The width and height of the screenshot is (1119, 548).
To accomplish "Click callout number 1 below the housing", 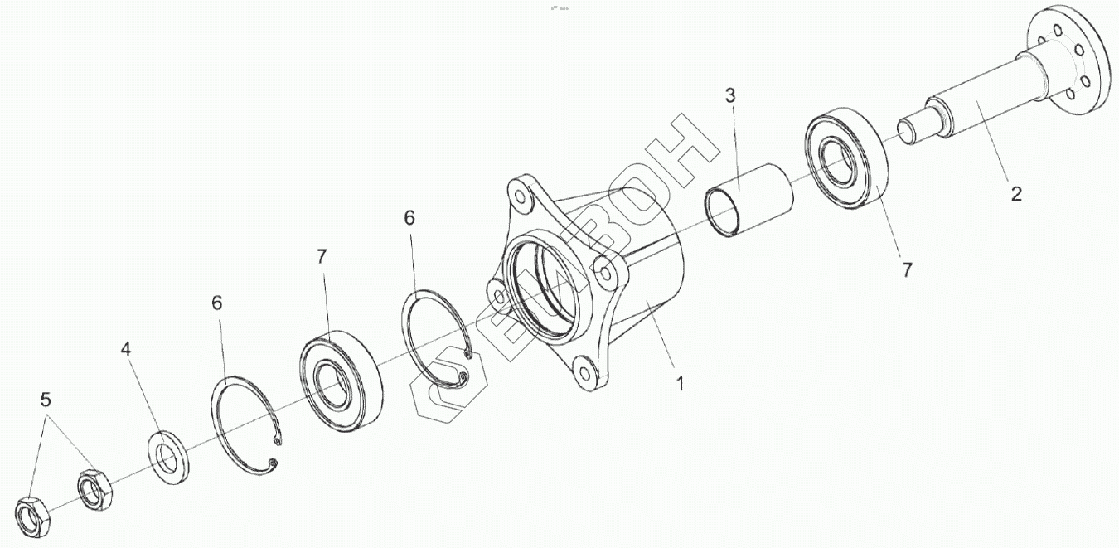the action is [680, 385].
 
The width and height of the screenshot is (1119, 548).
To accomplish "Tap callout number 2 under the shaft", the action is [1015, 195].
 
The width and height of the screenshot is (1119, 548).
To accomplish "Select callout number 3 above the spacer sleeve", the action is [730, 95].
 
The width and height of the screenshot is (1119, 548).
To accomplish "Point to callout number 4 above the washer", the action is [126, 349].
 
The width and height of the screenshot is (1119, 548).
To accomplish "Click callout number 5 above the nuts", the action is [46, 400].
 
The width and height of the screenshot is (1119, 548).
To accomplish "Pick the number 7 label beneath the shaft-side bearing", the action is [907, 269].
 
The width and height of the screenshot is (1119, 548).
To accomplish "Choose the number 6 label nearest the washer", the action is [216, 303].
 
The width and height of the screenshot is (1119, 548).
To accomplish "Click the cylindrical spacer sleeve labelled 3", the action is [748, 201].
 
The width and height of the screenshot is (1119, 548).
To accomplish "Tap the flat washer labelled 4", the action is [168, 455].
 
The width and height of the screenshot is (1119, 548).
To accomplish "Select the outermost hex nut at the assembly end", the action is [33, 514].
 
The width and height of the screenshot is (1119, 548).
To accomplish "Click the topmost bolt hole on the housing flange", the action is [520, 197].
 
